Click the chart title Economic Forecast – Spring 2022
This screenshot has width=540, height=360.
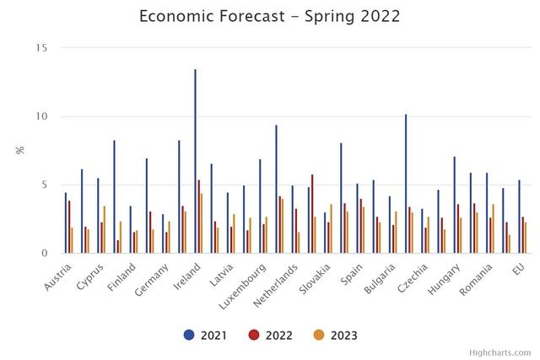[270, 17]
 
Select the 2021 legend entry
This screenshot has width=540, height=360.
[208, 336]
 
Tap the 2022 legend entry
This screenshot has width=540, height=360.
[271, 336]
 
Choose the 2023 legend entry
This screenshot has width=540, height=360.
[335, 336]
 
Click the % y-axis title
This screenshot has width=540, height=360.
[20, 150]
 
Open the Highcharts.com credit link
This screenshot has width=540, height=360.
[500, 352]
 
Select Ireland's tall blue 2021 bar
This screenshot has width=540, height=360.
[195, 160]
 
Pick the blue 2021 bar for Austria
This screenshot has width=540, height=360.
[65, 223]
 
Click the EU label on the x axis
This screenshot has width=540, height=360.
[520, 267]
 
